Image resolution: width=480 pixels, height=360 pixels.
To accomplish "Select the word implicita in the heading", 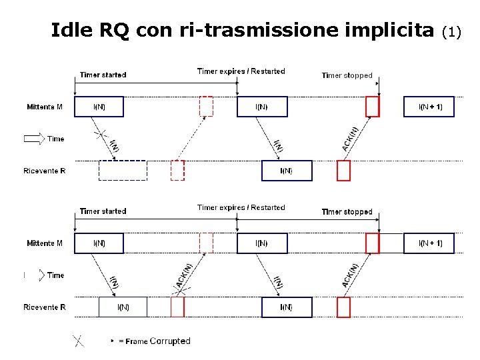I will pos(391,30).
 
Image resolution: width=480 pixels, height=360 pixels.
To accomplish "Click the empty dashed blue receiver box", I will pos(123,171).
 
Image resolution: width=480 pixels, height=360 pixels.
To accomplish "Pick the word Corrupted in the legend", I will pos(170,341).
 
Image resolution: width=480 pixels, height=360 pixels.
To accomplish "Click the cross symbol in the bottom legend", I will pos(79,341).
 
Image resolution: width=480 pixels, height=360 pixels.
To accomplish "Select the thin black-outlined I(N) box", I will pos(123,307).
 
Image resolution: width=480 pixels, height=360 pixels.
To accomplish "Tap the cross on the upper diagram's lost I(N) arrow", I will pos(101,136).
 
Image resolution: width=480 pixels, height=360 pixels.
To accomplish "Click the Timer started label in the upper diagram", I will pos(103,75).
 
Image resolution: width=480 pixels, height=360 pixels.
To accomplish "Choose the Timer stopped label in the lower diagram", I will pos(347,211).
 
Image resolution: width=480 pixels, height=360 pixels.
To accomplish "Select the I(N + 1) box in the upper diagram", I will pos(429,107).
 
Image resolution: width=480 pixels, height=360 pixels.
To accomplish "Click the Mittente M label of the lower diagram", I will pos(45,243).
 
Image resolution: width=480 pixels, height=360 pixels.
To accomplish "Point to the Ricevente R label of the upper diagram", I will pos(45,171).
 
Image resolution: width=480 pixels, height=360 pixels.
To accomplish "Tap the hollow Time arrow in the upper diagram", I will pos(33,139).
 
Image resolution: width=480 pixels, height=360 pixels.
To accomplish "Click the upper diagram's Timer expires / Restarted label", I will pos(241,71).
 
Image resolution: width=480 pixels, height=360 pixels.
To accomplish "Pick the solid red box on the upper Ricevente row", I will pos(343,171).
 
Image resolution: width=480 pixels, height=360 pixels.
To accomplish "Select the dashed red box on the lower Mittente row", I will pos(206,243).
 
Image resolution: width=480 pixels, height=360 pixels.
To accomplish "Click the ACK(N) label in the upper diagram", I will pos(351,139).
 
